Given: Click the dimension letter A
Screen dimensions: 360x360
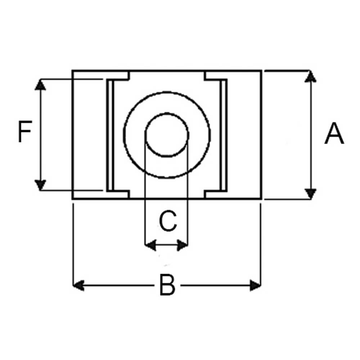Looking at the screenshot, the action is (x=334, y=134).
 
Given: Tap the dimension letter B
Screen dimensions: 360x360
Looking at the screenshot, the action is (x=167, y=285).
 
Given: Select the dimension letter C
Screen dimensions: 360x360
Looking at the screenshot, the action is (x=168, y=220).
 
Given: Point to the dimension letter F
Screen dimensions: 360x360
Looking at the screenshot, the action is (x=25, y=131).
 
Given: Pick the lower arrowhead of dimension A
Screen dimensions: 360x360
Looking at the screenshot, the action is (x=310, y=194).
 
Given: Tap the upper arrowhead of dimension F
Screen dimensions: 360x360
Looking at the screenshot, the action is (x=40, y=85).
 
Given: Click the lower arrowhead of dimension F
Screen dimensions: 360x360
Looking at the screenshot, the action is (x=40, y=185).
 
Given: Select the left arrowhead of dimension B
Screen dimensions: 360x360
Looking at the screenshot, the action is (x=78, y=285).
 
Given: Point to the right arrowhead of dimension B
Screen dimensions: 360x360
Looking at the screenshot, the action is (x=255, y=285).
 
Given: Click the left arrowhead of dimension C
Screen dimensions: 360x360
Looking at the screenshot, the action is (x=150, y=245).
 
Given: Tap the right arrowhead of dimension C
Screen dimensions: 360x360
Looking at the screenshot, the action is (x=183, y=245).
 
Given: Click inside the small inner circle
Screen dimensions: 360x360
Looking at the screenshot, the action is (x=167, y=135).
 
